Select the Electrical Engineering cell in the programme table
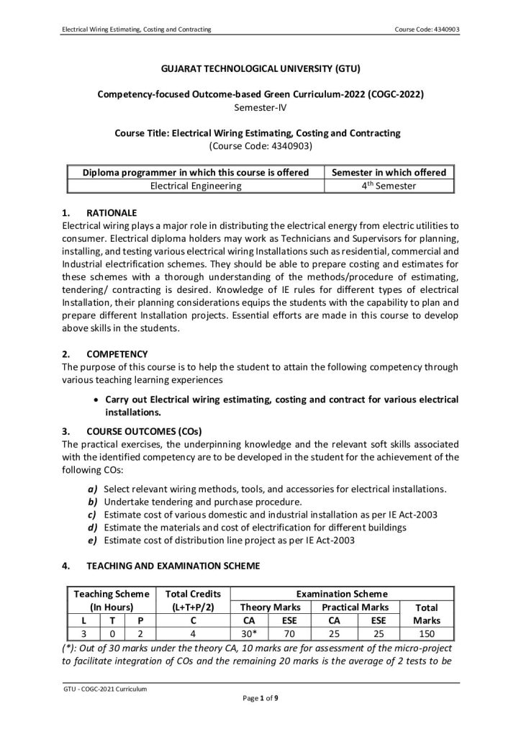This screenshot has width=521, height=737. pyautogui.click(x=196, y=186)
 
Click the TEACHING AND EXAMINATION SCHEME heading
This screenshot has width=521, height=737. pyautogui.click(x=171, y=566)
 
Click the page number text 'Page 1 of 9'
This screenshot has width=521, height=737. pyautogui.click(x=260, y=698)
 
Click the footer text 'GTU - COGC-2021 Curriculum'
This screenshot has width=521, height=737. pyautogui.click(x=105, y=689)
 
